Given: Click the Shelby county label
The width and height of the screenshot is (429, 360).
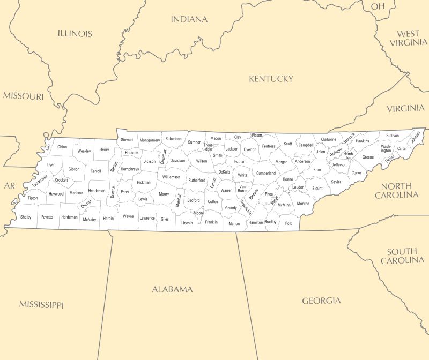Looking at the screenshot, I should (x=26, y=217).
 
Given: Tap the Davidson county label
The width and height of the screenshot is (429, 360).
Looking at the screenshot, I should (x=177, y=160).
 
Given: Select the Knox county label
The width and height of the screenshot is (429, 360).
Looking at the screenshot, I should (x=317, y=170).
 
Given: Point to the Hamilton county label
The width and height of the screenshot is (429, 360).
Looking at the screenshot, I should (x=256, y=222).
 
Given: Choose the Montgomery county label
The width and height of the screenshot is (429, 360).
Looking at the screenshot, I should (x=150, y=140).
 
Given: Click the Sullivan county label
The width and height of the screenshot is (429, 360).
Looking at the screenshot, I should (x=392, y=136).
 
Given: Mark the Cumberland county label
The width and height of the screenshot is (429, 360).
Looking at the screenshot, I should (x=265, y=174).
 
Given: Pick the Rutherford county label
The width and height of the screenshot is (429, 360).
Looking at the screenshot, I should (x=197, y=181).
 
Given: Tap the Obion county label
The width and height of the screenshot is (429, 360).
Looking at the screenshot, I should (x=62, y=147).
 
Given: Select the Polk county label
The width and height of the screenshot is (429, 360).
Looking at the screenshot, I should (x=289, y=223).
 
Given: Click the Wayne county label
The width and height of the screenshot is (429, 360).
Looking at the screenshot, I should (x=128, y=216).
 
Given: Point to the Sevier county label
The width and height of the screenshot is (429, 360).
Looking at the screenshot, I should (x=336, y=182).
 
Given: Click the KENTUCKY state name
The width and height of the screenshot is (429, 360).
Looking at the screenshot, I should (x=271, y=79).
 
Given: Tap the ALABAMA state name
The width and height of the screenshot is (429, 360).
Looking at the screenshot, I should (x=172, y=289).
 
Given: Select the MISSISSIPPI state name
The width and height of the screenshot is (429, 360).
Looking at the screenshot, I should (x=41, y=305).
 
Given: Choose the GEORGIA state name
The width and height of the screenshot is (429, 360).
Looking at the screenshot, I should (x=321, y=301).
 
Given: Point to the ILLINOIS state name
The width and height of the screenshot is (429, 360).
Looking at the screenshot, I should (x=75, y=33).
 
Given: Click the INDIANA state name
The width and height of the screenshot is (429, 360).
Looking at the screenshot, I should (x=189, y=19).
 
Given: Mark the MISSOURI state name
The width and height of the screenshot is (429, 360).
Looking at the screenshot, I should (x=23, y=96).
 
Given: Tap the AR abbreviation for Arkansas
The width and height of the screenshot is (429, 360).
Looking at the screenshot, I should (x=10, y=186).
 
